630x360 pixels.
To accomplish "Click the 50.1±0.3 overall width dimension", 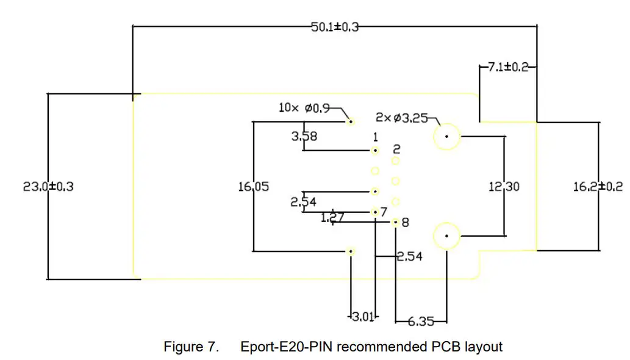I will tap(335, 27).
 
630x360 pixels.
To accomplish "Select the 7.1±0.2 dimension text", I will tap(508, 67).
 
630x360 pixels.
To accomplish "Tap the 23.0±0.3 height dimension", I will tap(48, 187).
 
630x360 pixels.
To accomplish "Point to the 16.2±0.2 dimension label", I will tap(598, 187).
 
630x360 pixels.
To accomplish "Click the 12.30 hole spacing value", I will tap(504, 187).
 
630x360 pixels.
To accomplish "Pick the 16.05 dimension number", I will tap(254, 187).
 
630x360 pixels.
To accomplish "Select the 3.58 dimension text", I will tap(304, 136).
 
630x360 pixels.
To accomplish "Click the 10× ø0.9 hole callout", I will tap(304, 108).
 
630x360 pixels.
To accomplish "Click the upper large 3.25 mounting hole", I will tap(447, 137).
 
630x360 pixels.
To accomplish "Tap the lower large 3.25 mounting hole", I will tap(447, 236).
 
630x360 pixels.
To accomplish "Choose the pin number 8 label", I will tap(406, 223).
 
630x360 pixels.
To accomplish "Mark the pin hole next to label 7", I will tap(375, 212).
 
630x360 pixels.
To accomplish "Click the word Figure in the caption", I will tap(181, 347).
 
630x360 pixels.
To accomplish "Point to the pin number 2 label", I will tap(396, 149).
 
